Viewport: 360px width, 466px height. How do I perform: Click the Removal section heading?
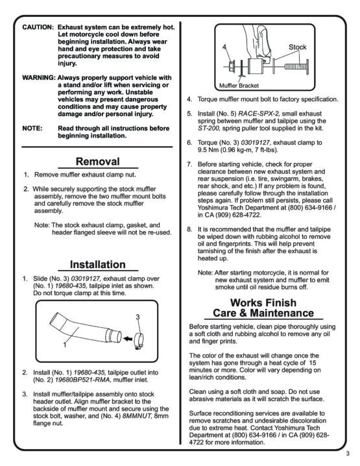click(x=98, y=162)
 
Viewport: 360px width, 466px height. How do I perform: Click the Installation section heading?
click(x=98, y=265)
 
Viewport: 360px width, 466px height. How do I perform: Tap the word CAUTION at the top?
click(x=38, y=27)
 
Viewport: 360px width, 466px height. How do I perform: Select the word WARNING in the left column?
click(x=39, y=78)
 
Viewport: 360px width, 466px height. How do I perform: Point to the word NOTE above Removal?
click(x=32, y=129)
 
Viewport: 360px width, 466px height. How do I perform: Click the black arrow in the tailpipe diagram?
click(x=128, y=339)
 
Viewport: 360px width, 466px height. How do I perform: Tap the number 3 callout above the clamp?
click(x=138, y=317)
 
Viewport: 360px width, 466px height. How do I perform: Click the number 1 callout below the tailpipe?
click(x=65, y=345)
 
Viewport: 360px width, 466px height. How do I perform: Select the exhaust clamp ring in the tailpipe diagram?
click(x=138, y=340)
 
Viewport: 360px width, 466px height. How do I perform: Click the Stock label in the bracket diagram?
click(x=297, y=47)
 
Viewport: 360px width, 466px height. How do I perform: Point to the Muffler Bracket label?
click(x=239, y=86)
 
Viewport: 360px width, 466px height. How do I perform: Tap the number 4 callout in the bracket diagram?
click(x=224, y=47)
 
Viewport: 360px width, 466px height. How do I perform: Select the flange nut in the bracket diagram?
click(x=232, y=66)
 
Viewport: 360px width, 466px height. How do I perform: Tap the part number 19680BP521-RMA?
click(x=82, y=380)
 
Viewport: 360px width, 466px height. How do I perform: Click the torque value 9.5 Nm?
click(x=208, y=150)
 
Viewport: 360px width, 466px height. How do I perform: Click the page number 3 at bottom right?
click(x=348, y=454)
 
